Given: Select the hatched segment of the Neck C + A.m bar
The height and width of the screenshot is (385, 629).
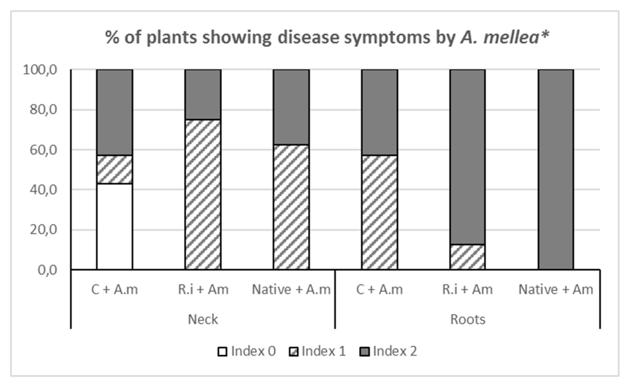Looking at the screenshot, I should pos(115,169).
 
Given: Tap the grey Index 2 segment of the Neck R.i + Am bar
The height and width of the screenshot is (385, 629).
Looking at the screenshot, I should pos(203,94).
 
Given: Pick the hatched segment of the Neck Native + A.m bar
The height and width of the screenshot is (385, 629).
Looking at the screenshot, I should pos(291,207).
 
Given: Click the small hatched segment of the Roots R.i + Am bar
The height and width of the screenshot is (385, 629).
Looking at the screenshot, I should pos(467,257).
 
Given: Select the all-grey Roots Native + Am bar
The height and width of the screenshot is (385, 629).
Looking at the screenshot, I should pos(556,169).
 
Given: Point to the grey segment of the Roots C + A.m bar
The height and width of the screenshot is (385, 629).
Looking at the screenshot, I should pos(379,112).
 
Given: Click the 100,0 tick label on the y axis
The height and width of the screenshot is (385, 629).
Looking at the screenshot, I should pos(40,70).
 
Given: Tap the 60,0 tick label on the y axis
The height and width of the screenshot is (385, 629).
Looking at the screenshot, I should pos(43,150).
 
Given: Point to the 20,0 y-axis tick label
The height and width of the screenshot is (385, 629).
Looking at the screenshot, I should pos(43,230).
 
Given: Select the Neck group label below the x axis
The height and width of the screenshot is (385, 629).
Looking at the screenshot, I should pos(203,319).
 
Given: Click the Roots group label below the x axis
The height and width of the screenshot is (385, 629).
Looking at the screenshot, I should pos(468,319).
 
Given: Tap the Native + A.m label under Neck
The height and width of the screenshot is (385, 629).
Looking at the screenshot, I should pos(291,290).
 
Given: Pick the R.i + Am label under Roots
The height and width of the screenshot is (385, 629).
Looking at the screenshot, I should pos(467,290).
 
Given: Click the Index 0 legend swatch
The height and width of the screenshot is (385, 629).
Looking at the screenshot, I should pos(222,352).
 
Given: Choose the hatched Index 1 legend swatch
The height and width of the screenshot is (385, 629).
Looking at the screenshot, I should pos(293,352).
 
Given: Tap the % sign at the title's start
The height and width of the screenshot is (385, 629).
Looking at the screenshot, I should pos(112,38).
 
